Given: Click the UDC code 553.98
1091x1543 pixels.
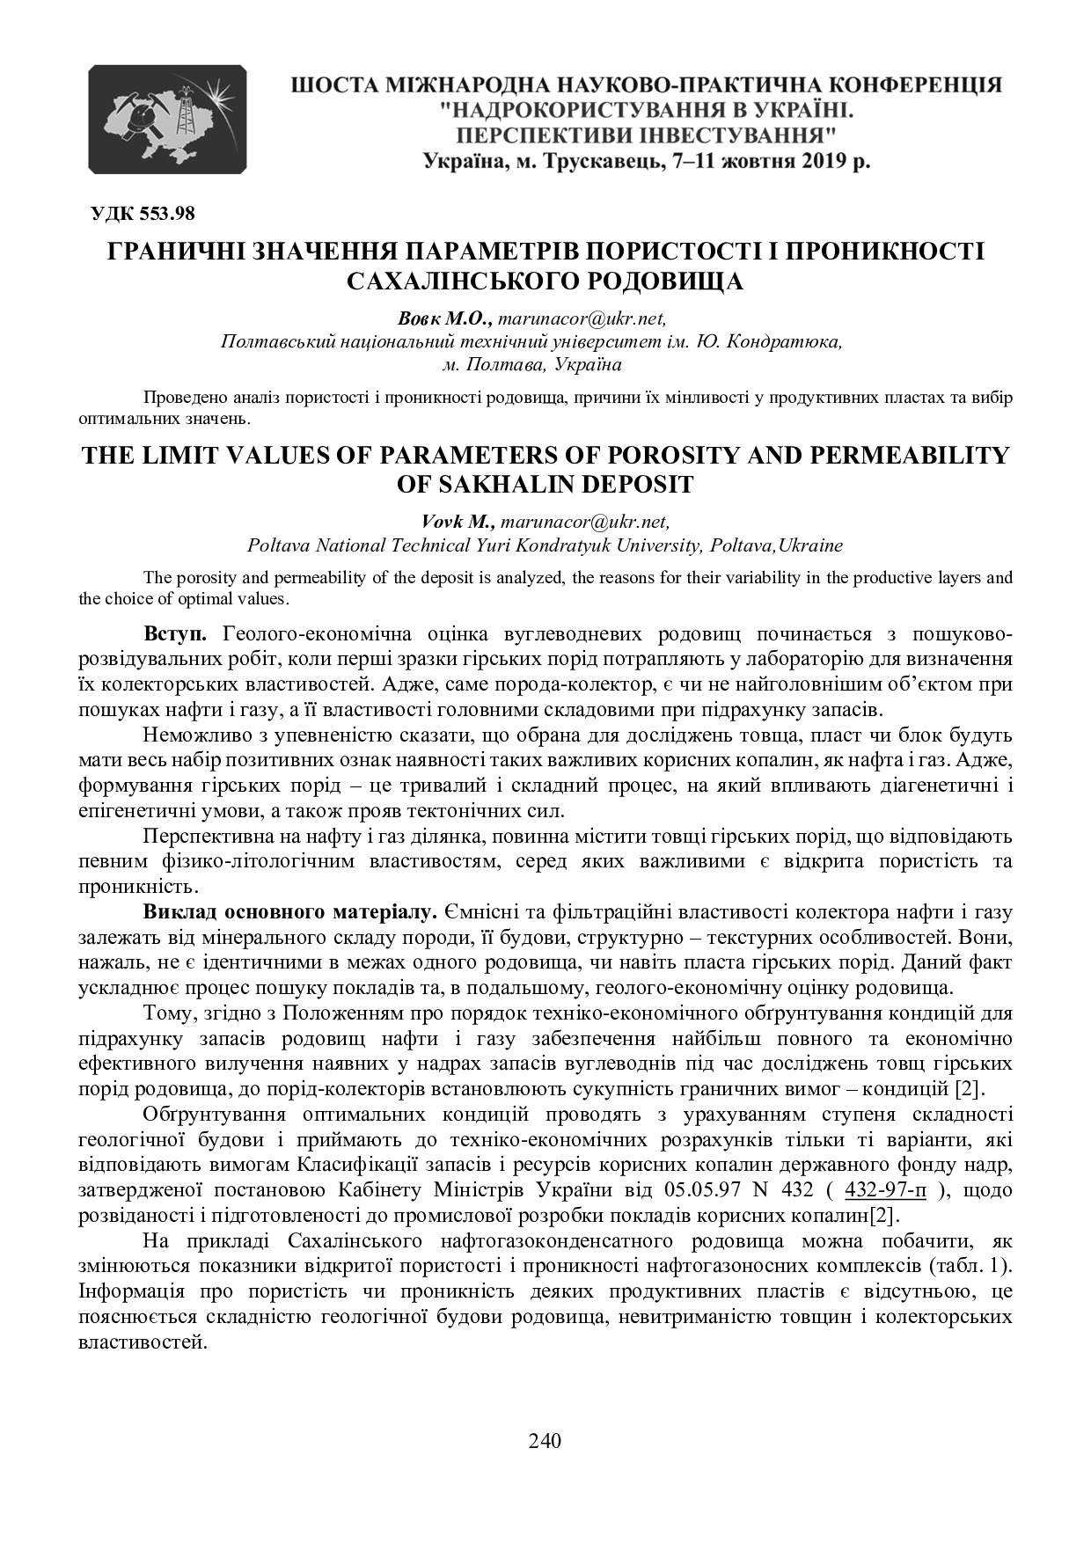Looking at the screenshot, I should click(x=142, y=213).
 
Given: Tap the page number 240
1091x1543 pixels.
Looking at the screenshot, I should click(x=545, y=1440).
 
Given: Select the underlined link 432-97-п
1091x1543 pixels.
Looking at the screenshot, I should click(x=885, y=1190).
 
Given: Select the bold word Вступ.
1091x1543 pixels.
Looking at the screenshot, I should click(x=176, y=633).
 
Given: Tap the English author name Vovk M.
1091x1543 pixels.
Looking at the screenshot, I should click(x=458, y=522).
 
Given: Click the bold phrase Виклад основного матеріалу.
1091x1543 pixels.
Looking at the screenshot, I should click(x=289, y=910).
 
